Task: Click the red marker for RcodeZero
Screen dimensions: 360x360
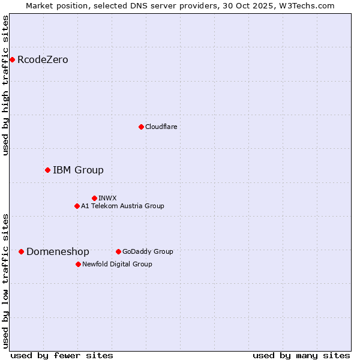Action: tap(12, 59)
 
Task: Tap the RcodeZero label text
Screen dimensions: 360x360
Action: tap(43, 59)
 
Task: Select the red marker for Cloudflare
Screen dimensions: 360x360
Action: tap(141, 127)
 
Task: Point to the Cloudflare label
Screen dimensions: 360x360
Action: tap(161, 127)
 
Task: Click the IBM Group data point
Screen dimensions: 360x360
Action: tap(47, 170)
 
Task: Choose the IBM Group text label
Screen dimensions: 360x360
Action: tap(78, 170)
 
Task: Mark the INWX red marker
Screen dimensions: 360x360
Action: tap(94, 198)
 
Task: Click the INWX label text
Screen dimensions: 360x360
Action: tap(107, 198)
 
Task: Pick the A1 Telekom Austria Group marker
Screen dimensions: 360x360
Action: tap(77, 206)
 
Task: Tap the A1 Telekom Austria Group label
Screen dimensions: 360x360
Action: tap(122, 206)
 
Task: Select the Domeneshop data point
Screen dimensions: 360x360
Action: tap(21, 251)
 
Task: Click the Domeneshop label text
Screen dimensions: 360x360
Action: tap(58, 252)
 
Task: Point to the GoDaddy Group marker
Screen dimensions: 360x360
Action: tap(118, 251)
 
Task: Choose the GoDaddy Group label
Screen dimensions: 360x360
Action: tap(148, 251)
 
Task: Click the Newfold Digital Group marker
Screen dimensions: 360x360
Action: tap(78, 264)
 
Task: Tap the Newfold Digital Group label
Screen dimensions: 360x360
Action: tap(117, 264)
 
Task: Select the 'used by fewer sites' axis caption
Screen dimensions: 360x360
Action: tap(62, 355)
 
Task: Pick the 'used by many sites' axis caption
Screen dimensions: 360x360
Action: tap(301, 355)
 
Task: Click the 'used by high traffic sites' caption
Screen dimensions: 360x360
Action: tap(6, 85)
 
